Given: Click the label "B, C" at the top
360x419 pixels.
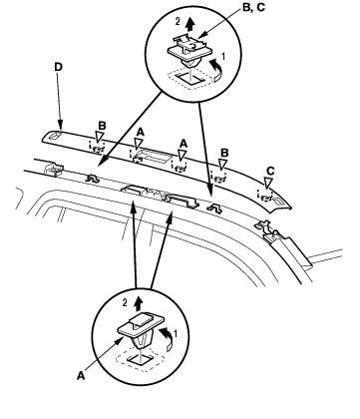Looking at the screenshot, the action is pyautogui.click(x=253, y=8).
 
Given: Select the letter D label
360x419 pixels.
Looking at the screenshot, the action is pyautogui.click(x=58, y=67).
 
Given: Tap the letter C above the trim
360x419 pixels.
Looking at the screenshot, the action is pyautogui.click(x=270, y=172).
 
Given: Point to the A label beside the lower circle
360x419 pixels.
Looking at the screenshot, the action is pyautogui.click(x=81, y=376).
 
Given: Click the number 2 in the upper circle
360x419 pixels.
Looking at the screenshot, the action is pyautogui.click(x=178, y=22).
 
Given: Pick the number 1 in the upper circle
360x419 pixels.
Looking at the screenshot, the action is pyautogui.click(x=223, y=57).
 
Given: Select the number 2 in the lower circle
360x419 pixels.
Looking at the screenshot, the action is pyautogui.click(x=125, y=302).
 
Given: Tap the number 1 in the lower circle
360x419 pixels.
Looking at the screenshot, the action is pyautogui.click(x=175, y=333).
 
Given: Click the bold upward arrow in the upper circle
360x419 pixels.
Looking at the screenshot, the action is pyautogui.click(x=189, y=24).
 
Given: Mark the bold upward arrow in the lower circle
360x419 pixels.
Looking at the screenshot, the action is pyautogui.click(x=139, y=304).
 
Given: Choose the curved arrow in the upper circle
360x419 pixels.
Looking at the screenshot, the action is pyautogui.click(x=216, y=70).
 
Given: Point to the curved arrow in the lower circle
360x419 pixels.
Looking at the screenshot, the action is pyautogui.click(x=169, y=338).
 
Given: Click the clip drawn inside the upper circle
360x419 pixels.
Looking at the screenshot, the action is pyautogui.click(x=188, y=51).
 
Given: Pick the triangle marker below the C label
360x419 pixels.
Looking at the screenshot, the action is pyautogui.click(x=268, y=183).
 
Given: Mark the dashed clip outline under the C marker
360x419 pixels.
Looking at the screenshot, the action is pyautogui.click(x=265, y=196).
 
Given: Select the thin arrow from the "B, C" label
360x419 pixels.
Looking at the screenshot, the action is pyautogui.click(x=220, y=22).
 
